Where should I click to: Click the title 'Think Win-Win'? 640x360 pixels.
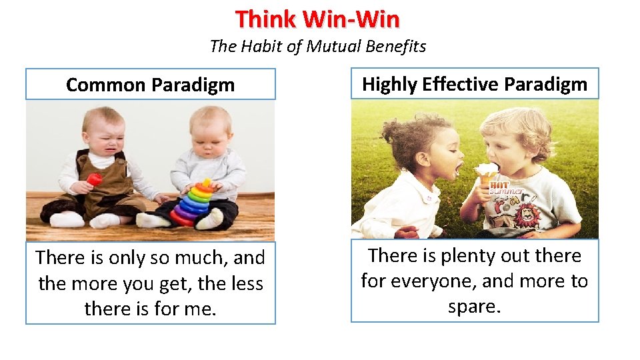[317, 19]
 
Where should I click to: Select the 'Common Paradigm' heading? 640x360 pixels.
[151, 85]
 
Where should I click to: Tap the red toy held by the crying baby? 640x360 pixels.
[95, 179]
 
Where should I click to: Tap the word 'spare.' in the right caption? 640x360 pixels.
[474, 307]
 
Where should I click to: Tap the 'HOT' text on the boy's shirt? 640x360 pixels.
[499, 185]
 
